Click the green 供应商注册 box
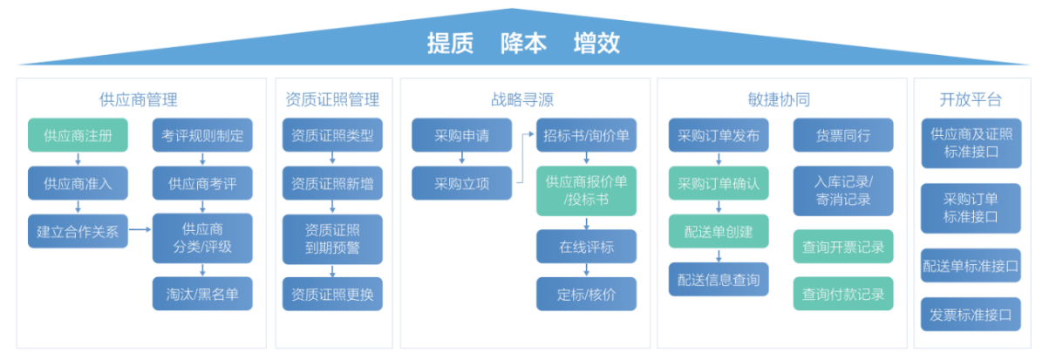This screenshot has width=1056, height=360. [x=78, y=135]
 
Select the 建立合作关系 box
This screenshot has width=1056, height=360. [x=78, y=231]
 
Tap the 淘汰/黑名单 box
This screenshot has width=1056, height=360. [x=202, y=294]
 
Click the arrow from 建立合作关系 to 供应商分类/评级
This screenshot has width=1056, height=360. [x=140, y=229]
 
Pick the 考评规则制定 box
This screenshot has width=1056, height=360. [x=202, y=135]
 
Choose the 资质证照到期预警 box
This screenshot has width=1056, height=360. [x=332, y=239]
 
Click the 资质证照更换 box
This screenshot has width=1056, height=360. [x=332, y=294]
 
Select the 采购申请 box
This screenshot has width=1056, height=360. [x=461, y=135]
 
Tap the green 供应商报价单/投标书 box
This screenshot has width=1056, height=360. [x=587, y=191]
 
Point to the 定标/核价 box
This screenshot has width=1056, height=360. [x=587, y=294]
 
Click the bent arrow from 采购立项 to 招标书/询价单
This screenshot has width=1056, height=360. [x=523, y=158]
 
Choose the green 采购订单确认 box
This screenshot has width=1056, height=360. [x=719, y=183]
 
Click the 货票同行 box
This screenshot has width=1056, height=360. [x=843, y=135]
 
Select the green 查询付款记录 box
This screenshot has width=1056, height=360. [x=843, y=294]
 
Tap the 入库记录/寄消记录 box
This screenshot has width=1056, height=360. [x=843, y=191]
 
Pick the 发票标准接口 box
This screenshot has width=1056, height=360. [x=971, y=315]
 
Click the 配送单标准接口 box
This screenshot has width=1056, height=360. [x=971, y=265]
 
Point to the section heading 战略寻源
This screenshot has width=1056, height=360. [x=522, y=99]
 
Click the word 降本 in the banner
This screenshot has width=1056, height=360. [x=523, y=44]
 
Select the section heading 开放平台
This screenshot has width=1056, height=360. [x=971, y=99]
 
